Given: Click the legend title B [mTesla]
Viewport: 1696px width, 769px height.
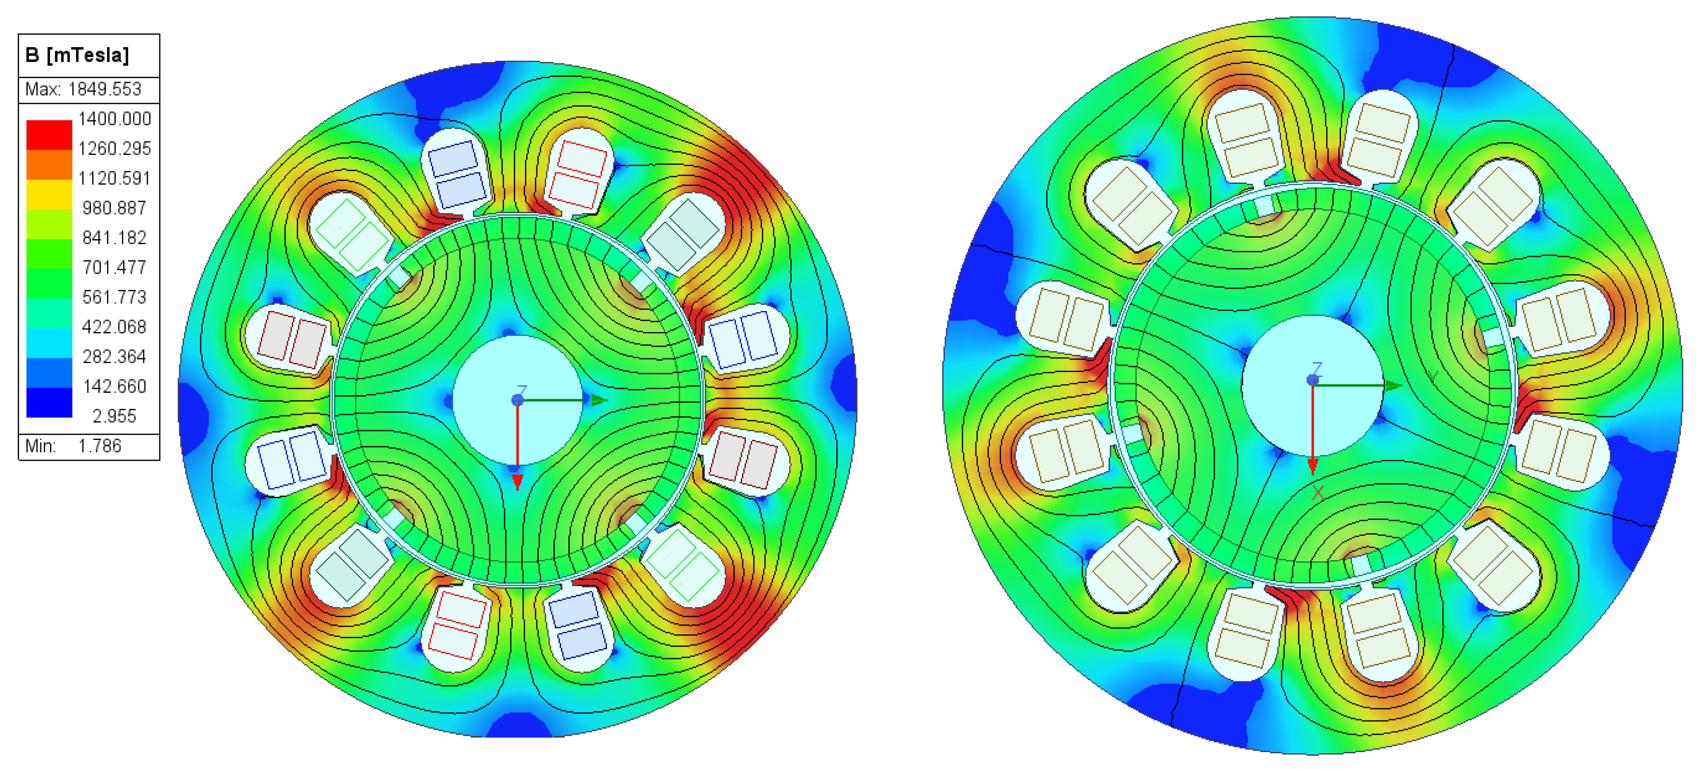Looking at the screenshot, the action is pos(77,55).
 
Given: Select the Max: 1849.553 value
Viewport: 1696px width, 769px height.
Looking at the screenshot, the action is pos(83,89).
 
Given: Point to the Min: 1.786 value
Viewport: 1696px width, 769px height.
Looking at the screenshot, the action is pos(73,446).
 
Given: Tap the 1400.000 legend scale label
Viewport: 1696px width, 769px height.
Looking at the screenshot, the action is pos(115,118).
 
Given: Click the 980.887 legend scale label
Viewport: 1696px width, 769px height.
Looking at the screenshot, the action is pos(115,208).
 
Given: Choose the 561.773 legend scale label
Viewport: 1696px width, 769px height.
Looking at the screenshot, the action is pos(115,297).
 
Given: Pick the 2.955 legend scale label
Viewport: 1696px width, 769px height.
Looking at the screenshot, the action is pos(115,416).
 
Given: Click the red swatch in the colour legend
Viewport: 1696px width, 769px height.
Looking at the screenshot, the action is pos(49,135).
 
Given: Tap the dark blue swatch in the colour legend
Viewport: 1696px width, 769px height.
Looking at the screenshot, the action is pos(49,402).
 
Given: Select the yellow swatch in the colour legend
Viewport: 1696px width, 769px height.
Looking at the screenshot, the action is pos(49,194).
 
